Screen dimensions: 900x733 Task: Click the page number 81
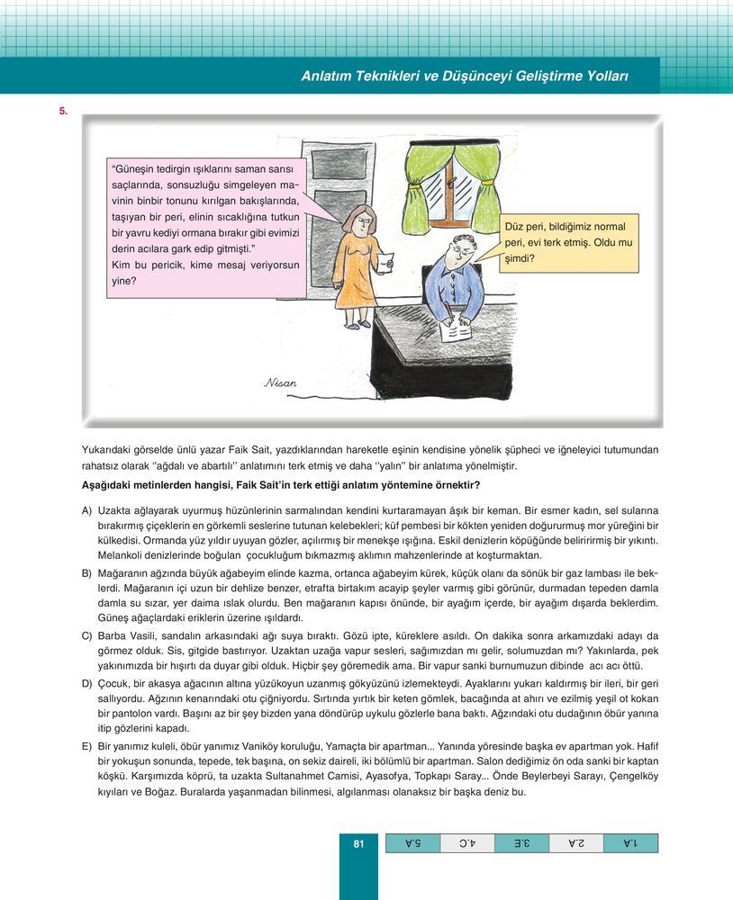[357, 843]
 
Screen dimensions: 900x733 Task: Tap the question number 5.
[63, 111]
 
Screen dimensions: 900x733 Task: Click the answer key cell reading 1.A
[630, 843]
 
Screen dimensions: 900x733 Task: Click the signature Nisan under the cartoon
[280, 382]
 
